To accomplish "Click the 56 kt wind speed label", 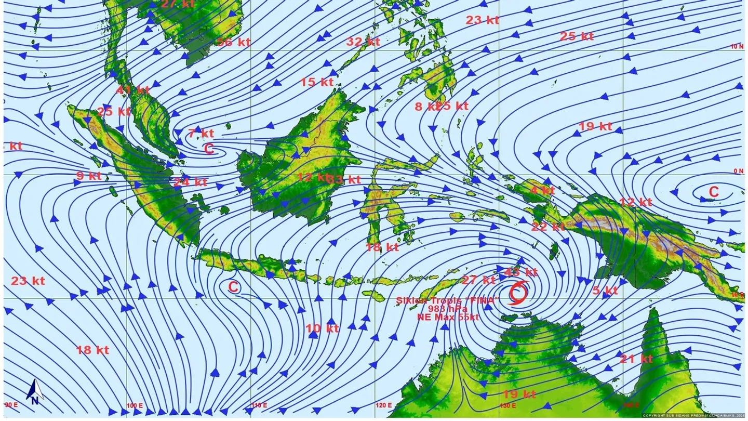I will click(x=234, y=43).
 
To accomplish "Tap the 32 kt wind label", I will click(x=363, y=42).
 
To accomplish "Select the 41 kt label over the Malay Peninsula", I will click(x=132, y=90).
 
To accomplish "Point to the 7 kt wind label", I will click(x=201, y=133).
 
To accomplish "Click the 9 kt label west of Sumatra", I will click(x=89, y=176).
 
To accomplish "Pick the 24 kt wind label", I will click(x=190, y=182).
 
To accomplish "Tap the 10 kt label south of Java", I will click(x=322, y=328).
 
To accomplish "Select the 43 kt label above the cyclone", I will click(x=520, y=272).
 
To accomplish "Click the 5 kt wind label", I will click(x=605, y=290).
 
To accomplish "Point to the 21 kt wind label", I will click(x=636, y=359).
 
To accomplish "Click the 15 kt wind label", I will click(x=316, y=82).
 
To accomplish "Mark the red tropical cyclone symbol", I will click(x=518, y=292).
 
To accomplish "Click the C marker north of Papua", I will click(x=714, y=192).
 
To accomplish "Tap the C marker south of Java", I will click(x=233, y=286).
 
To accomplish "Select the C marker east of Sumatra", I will click(x=209, y=149).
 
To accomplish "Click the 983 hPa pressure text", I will click(x=447, y=308).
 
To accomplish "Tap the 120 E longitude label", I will click(x=384, y=405).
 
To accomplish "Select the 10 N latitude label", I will click(x=737, y=46).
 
